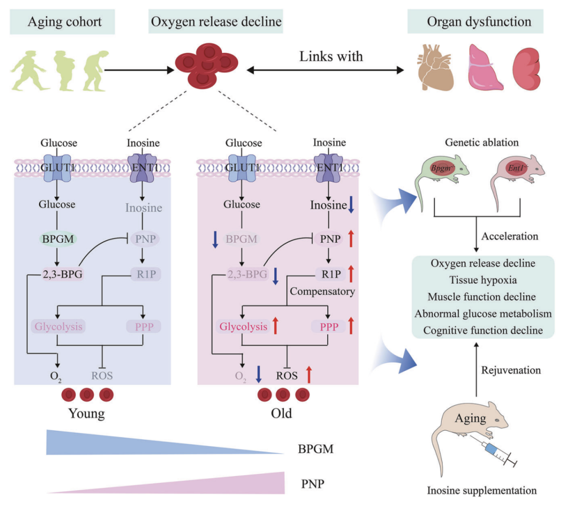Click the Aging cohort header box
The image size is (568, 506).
[x=65, y=22]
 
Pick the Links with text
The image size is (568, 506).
[x=331, y=56]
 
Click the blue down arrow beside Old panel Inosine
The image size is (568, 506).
[x=351, y=204]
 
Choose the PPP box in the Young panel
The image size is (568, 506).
[x=143, y=326]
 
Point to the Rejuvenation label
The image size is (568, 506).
[x=511, y=370]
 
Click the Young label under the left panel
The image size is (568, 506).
[x=87, y=412]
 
